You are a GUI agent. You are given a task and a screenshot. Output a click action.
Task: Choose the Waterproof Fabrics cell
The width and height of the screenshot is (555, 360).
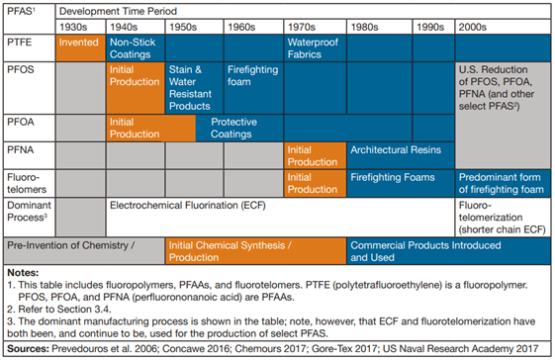315,48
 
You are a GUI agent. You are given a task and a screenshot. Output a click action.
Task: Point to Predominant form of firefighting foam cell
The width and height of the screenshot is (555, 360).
503,181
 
